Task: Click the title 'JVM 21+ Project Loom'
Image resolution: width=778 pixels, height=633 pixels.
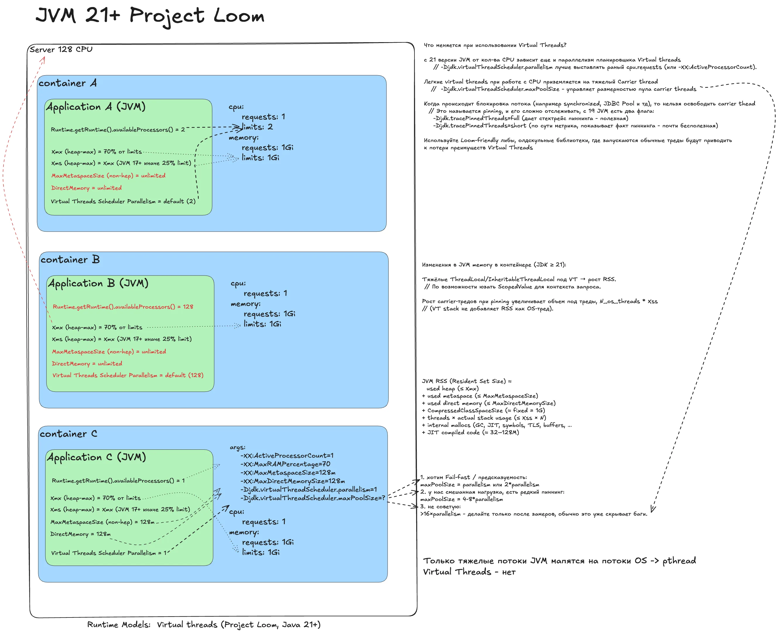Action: click(x=150, y=16)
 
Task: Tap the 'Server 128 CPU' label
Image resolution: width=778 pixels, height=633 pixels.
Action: click(x=61, y=49)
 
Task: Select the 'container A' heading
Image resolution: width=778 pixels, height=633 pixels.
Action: click(x=67, y=83)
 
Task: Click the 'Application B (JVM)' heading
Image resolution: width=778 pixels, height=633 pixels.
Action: click(x=98, y=283)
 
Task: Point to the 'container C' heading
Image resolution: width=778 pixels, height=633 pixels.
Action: click(x=68, y=434)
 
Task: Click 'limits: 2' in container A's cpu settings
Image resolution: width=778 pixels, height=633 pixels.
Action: click(x=257, y=127)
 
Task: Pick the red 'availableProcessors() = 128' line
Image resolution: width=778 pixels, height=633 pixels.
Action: click(x=123, y=307)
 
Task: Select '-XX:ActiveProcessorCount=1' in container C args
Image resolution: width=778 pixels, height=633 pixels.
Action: click(x=287, y=455)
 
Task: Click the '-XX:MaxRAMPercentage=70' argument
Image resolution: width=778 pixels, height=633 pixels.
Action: click(x=285, y=464)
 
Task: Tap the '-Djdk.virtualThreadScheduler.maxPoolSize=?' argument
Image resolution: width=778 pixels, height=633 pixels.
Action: click(x=312, y=498)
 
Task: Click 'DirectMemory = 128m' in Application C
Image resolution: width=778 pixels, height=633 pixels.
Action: click(x=80, y=534)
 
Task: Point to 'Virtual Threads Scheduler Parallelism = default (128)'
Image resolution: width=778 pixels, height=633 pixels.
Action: click(x=128, y=375)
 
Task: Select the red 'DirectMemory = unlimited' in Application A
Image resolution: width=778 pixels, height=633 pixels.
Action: click(x=86, y=188)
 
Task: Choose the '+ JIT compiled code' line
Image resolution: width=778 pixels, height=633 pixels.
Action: click(x=470, y=432)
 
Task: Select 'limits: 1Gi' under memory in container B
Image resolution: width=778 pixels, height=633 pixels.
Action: click(x=262, y=324)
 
